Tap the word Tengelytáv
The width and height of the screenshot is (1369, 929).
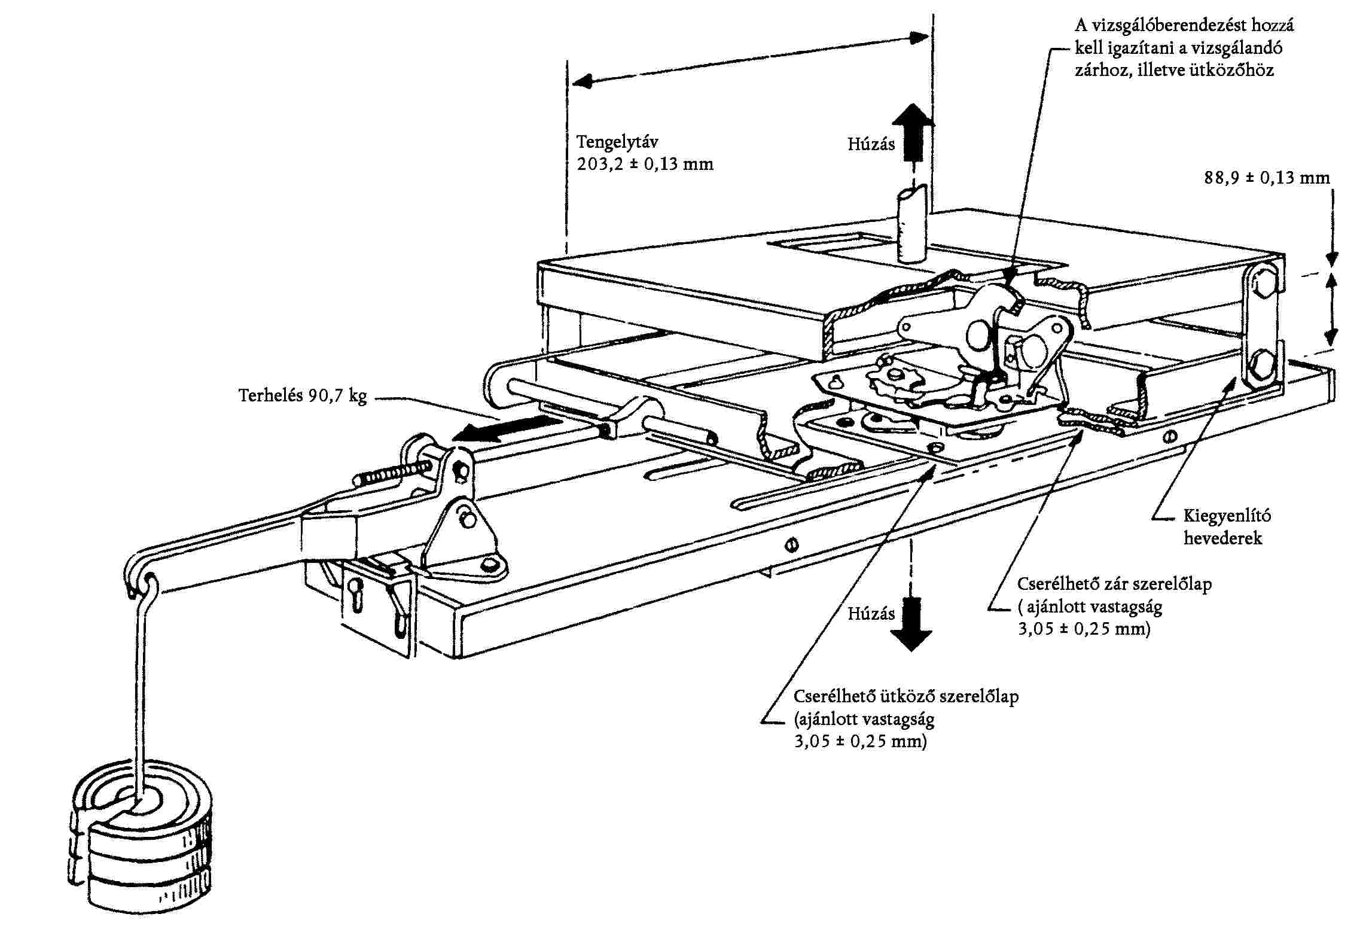click(x=617, y=142)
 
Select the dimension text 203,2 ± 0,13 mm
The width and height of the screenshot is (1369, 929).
click(x=645, y=164)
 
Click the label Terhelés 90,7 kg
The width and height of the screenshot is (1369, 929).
click(x=303, y=396)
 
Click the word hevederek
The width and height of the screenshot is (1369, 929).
click(x=1222, y=538)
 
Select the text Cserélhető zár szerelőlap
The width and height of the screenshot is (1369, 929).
click(x=1114, y=584)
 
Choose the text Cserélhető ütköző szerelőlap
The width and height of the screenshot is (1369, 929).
click(x=906, y=696)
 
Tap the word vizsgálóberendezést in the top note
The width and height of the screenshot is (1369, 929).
click(x=1168, y=26)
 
